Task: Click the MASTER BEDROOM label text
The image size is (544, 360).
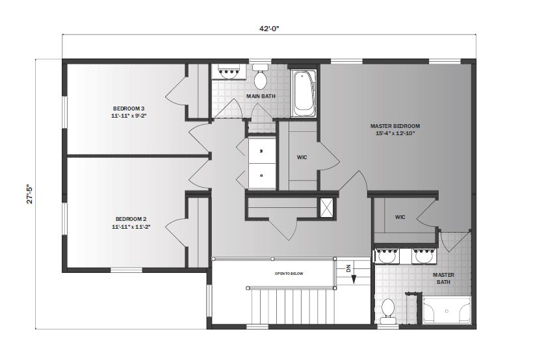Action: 395,126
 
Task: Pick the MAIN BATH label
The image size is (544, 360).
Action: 261,97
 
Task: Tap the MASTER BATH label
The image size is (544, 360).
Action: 444,278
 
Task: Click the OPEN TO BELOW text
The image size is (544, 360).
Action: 289,274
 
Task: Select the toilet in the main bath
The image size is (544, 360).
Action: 261,78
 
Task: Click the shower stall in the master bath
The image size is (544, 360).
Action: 447,310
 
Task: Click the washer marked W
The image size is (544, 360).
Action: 261,151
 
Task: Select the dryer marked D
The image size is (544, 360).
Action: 261,174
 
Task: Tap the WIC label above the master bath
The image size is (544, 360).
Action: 400,217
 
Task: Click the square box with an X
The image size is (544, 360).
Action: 326,207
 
